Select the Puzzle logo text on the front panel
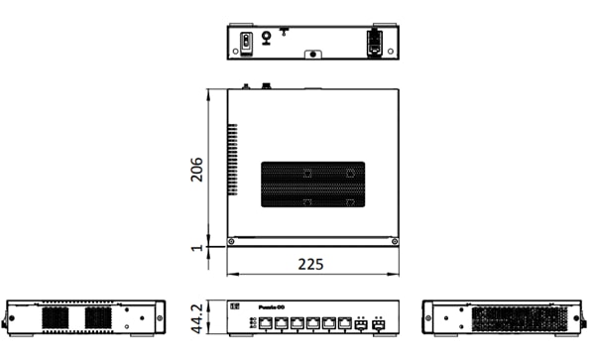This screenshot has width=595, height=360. (x=272, y=307)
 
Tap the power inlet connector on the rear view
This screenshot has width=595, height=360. (x=374, y=42)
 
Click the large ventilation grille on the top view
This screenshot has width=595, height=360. (x=310, y=183)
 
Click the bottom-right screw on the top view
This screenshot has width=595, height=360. (x=395, y=241)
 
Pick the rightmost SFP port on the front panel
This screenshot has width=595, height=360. (x=379, y=323)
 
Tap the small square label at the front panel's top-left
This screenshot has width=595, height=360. (x=236, y=307)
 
